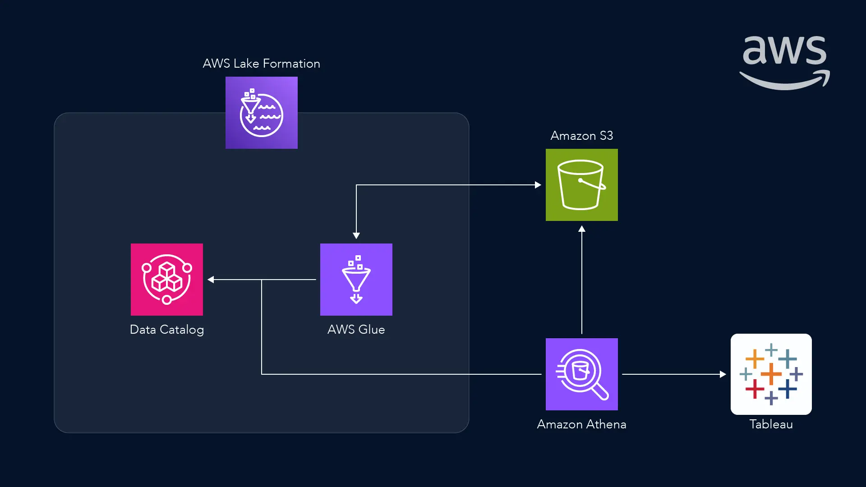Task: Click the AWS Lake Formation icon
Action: coord(262,113)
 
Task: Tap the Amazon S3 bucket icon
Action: coord(582,185)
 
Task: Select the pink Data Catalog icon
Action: coord(167,280)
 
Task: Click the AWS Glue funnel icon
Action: coord(356,280)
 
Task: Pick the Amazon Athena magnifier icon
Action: coord(582,374)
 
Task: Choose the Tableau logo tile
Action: coord(771,374)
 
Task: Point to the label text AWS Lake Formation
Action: coord(262,64)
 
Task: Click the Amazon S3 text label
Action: coord(582,136)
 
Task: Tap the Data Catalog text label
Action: coord(167,330)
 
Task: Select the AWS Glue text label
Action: coord(356,330)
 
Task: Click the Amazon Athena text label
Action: coord(582,424)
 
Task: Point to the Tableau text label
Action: coord(771,424)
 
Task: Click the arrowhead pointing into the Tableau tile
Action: coord(723,374)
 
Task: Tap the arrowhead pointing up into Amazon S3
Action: coord(582,229)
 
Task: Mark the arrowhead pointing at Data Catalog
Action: coord(211,280)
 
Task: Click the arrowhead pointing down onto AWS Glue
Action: coord(356,235)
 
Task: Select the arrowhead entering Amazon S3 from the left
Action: coord(538,185)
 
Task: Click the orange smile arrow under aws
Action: coord(785,81)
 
